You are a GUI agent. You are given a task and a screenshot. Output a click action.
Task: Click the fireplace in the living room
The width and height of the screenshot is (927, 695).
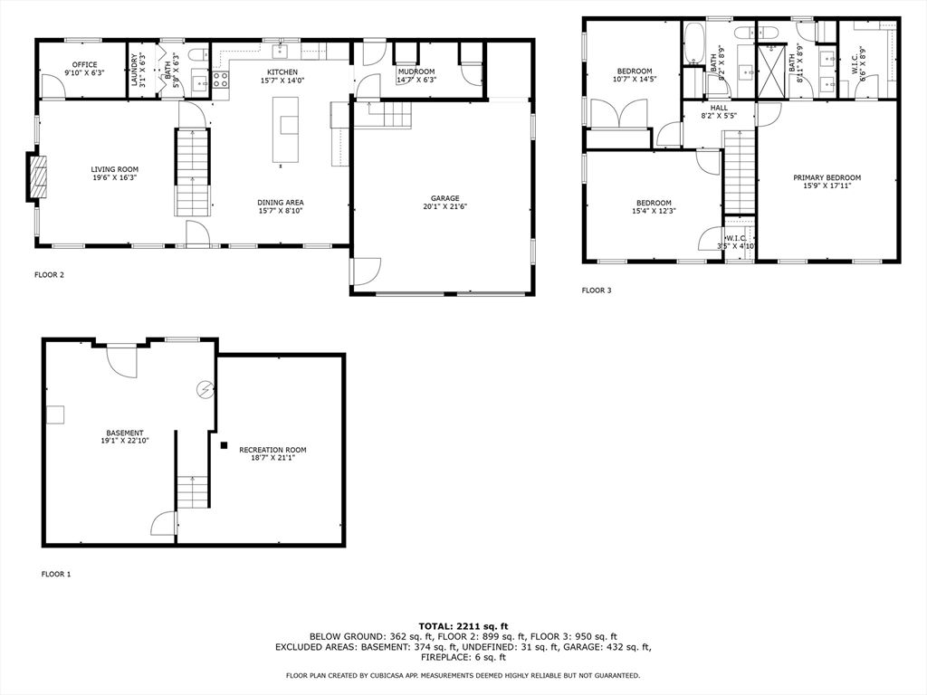36,177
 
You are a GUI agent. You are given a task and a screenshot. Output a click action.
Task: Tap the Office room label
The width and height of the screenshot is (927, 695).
84,65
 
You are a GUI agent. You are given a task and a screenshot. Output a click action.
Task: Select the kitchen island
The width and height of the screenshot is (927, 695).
285,129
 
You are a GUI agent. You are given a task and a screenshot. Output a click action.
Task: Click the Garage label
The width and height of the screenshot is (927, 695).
444,198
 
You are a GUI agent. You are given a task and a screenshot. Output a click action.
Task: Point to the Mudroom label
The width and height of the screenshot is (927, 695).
416,71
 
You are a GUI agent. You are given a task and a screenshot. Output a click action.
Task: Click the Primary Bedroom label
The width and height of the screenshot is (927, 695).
827,177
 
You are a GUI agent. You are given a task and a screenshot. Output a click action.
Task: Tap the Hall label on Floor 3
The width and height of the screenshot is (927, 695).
719,109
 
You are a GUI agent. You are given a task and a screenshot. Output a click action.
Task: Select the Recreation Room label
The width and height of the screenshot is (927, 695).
272,450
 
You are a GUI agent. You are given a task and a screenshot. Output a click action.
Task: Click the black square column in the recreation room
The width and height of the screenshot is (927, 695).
224,445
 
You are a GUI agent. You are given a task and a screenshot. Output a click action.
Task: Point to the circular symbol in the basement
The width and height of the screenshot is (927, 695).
205,390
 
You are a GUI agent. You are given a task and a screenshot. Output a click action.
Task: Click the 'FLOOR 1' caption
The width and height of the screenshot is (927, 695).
56,574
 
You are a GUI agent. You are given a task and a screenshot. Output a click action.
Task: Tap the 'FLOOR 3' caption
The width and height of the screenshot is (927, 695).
597,290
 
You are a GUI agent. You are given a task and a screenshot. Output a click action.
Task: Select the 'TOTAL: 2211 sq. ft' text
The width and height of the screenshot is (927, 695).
463,626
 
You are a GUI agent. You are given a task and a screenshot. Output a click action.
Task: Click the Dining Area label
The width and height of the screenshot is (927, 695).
281,203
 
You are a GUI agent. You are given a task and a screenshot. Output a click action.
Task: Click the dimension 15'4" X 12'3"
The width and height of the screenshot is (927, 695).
654,211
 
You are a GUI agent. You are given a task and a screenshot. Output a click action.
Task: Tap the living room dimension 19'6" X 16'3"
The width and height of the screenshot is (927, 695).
115,177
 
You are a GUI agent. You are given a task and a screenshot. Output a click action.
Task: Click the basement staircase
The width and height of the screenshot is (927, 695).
194,491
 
